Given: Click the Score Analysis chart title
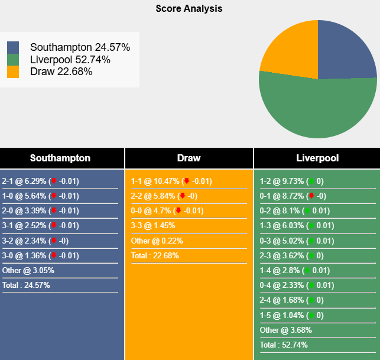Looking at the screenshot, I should click(x=189, y=9).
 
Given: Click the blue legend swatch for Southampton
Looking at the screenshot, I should click(x=13, y=47).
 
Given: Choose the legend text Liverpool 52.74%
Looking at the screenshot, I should click(x=70, y=60).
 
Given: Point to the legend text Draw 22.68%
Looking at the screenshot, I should click(x=61, y=72).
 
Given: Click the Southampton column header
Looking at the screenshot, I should click(x=60, y=158).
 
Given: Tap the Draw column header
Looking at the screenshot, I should click(x=189, y=158).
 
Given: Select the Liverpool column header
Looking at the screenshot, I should click(x=316, y=158).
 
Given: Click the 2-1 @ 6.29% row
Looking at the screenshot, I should click(x=40, y=181).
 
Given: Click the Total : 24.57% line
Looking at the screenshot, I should click(x=27, y=285).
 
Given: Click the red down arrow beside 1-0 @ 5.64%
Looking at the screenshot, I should click(x=53, y=196).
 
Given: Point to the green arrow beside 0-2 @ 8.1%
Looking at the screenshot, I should click(x=307, y=211).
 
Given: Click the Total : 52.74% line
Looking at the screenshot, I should click(x=284, y=345).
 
